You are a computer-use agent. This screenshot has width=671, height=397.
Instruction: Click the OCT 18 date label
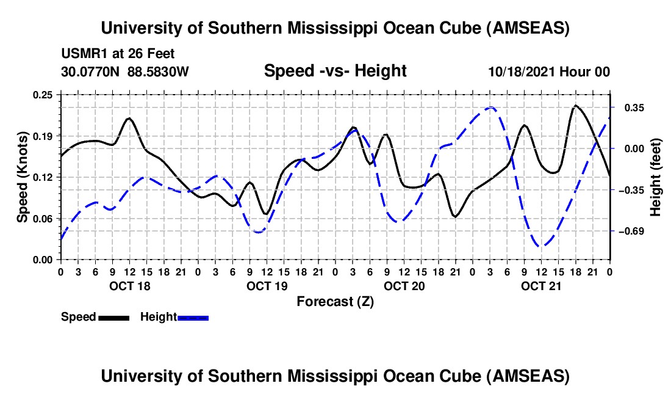click(129, 286)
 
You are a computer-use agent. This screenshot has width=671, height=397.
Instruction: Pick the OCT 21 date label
click(540, 286)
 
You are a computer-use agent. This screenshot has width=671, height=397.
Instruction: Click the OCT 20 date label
click(404, 286)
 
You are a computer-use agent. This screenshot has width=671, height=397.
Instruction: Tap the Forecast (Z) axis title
click(335, 301)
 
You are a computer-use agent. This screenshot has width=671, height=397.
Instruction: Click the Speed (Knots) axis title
click(22, 177)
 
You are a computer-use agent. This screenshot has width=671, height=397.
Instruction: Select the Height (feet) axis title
click(656, 177)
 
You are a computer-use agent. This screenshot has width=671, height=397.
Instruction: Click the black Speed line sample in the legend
click(113, 318)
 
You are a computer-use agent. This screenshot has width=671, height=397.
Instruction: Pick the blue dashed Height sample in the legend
click(193, 318)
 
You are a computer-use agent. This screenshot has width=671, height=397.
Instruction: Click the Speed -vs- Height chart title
click(335, 71)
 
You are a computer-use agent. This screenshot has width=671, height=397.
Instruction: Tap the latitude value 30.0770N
click(91, 71)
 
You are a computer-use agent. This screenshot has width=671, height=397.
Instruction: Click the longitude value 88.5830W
click(158, 71)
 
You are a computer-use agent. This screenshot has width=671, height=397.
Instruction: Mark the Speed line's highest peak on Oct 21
click(575, 106)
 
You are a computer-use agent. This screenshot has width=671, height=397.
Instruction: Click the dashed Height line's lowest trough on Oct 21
click(540, 246)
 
